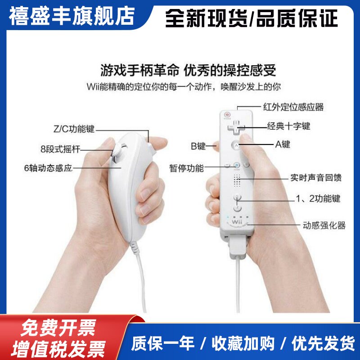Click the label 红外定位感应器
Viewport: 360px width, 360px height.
(x=293, y=107)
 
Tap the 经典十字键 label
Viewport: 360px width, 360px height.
(x=288, y=126)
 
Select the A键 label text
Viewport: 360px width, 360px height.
(x=283, y=145)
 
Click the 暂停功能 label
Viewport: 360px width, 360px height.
(x=186, y=168)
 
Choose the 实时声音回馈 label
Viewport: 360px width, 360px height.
(x=315, y=178)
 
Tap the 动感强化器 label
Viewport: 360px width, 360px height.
(x=324, y=225)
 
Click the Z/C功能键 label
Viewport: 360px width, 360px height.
(x=74, y=129)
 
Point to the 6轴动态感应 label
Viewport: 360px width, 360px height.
(x=48, y=168)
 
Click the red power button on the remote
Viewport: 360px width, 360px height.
(x=228, y=115)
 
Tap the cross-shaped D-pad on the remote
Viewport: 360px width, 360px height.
(x=236, y=126)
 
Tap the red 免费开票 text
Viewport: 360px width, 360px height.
(x=58, y=328)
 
